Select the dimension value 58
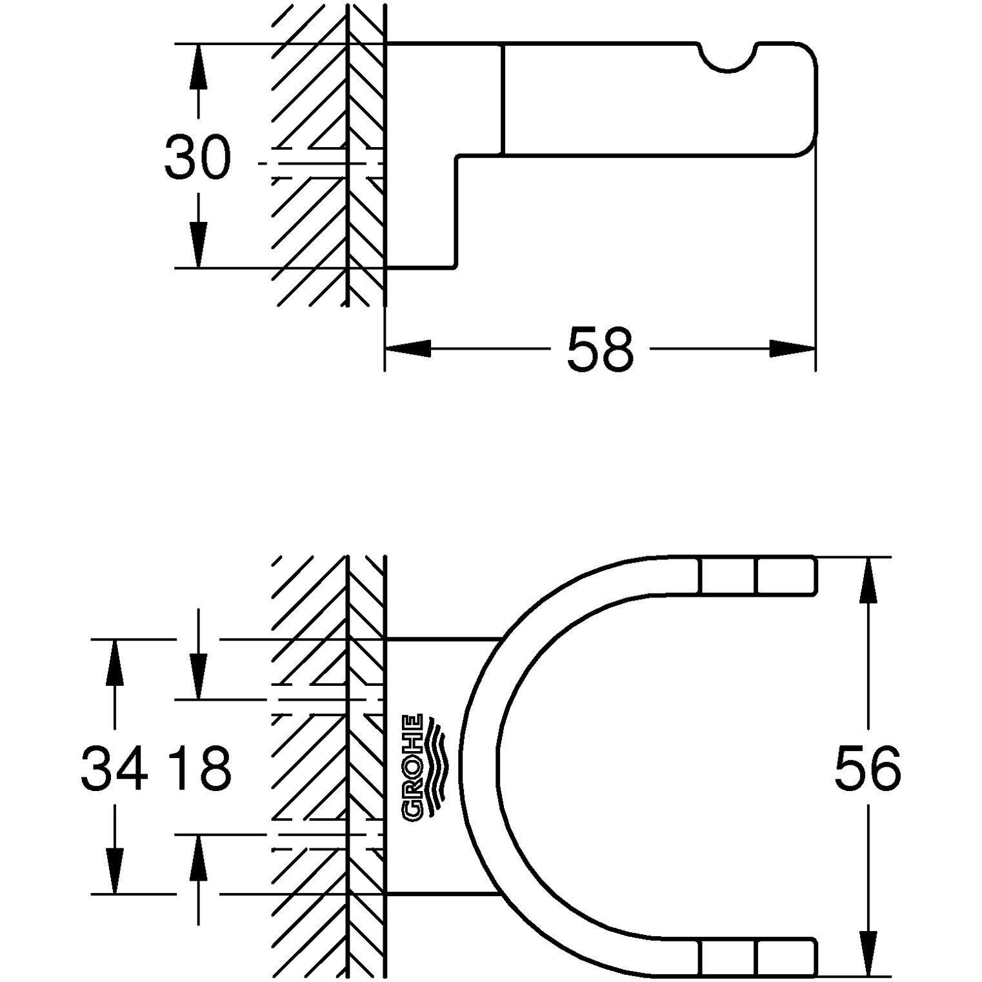pos(601,349)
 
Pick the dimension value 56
pos(868,768)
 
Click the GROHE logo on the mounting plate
pos(422,768)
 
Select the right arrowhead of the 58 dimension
pos(793,349)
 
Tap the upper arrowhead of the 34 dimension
pos(115,662)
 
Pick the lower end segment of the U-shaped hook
pos(758,957)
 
